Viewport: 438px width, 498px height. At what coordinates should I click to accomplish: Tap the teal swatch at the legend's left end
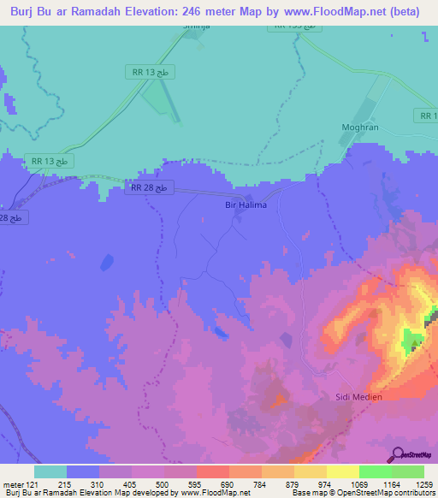(x=50, y=471)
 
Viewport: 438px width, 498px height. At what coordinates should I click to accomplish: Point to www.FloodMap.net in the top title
(x=338, y=13)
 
